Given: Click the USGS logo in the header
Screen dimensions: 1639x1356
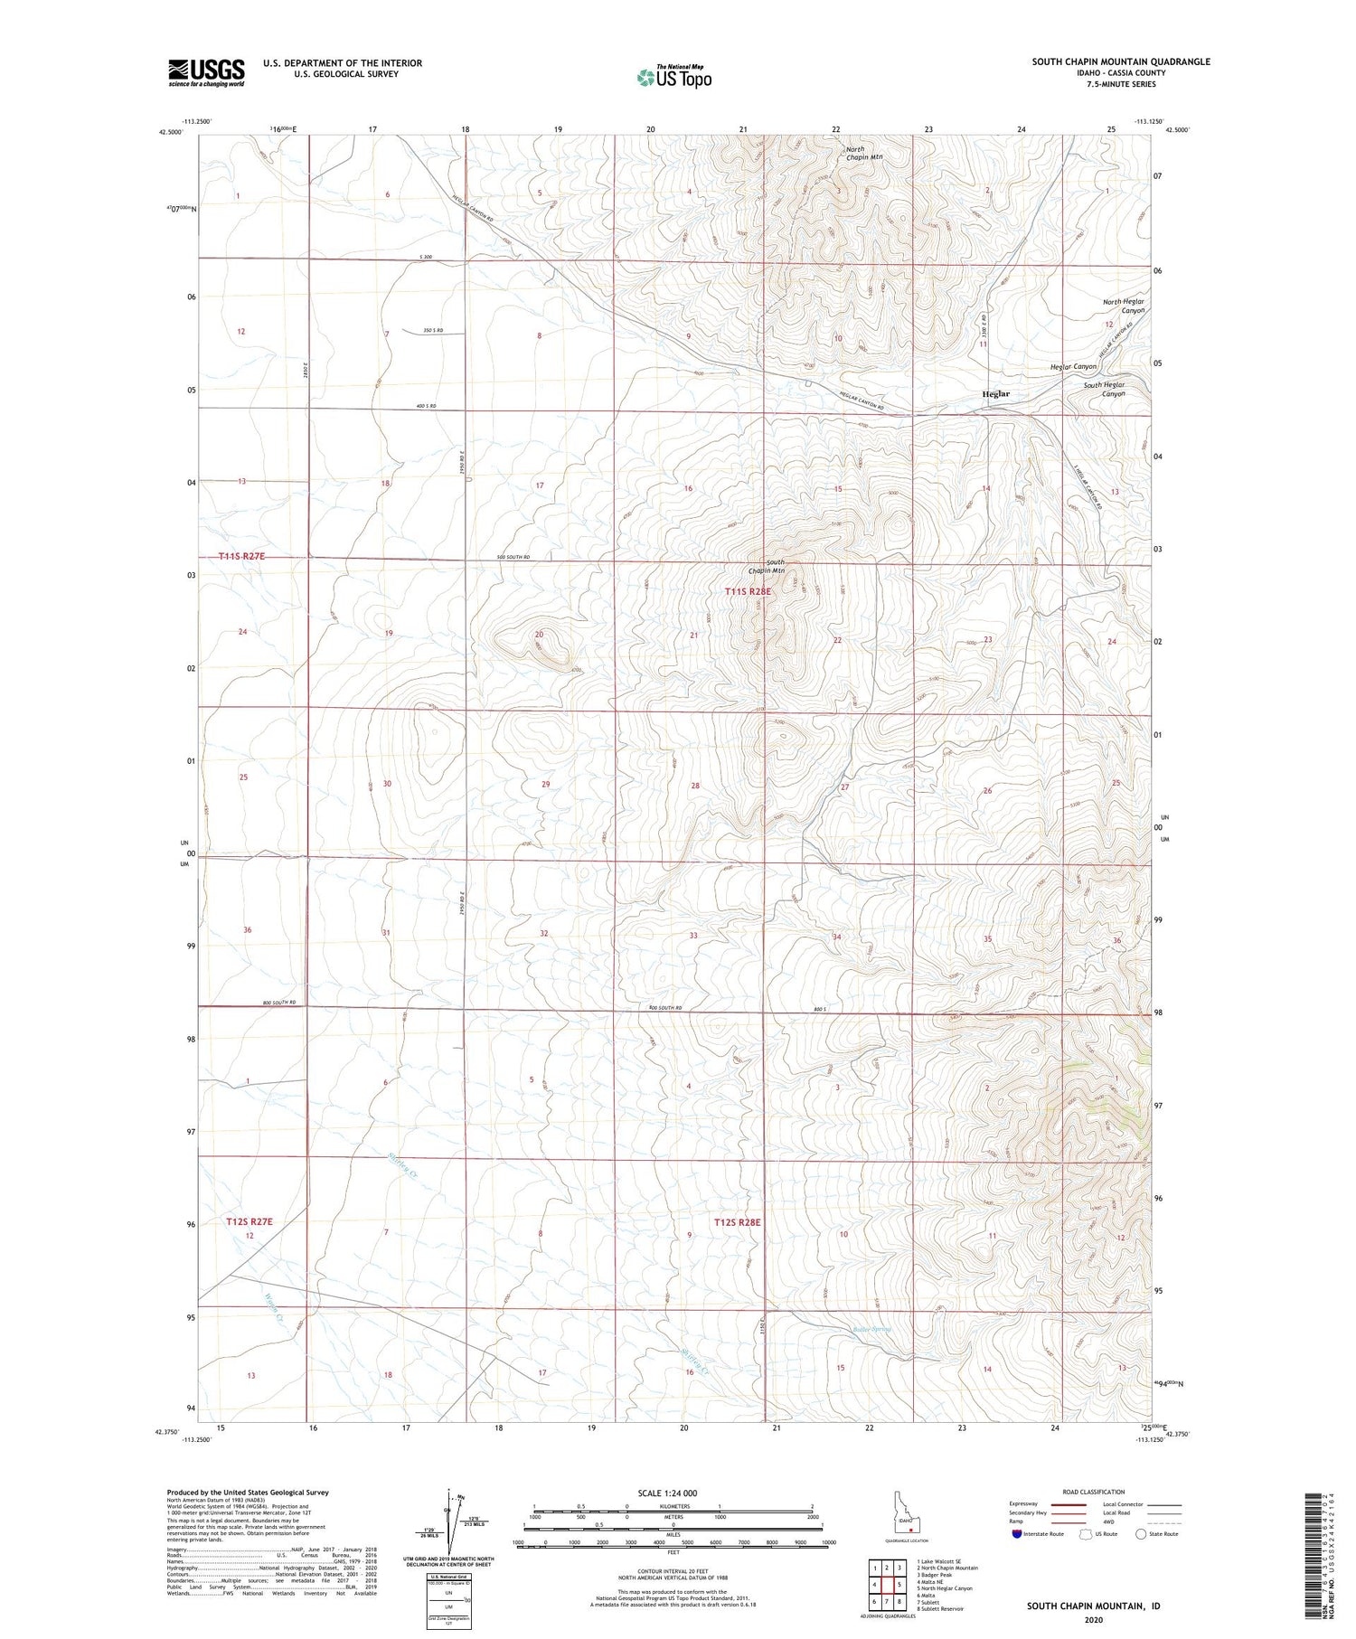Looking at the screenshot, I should [206, 72].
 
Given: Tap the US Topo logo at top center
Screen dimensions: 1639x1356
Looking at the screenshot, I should [673, 78].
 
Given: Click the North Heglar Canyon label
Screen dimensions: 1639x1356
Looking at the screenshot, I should [1123, 306].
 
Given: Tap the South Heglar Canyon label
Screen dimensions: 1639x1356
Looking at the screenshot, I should [1105, 390].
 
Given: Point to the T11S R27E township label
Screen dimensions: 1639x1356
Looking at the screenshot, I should [241, 556].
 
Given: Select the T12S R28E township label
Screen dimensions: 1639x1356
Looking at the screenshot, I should [737, 1222].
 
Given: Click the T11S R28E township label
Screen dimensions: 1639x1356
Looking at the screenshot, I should [749, 591].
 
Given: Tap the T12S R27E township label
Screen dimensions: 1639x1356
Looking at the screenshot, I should [249, 1221].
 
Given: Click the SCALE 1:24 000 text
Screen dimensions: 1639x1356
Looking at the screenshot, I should [667, 1493].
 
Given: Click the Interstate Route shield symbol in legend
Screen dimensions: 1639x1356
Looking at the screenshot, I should [1017, 1534].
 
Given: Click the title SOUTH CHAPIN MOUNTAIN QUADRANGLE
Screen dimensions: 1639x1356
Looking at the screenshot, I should [1121, 61].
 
